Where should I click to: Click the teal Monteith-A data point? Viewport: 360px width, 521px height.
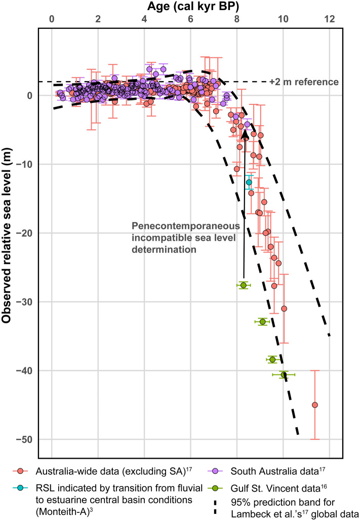pos(249,182)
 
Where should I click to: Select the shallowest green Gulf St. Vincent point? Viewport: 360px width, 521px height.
pos(244,285)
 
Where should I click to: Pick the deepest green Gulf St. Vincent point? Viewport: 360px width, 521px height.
pos(284,375)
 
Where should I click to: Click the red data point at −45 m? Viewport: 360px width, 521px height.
pos(315,405)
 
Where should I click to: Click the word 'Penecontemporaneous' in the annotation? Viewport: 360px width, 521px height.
pos(174,227)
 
